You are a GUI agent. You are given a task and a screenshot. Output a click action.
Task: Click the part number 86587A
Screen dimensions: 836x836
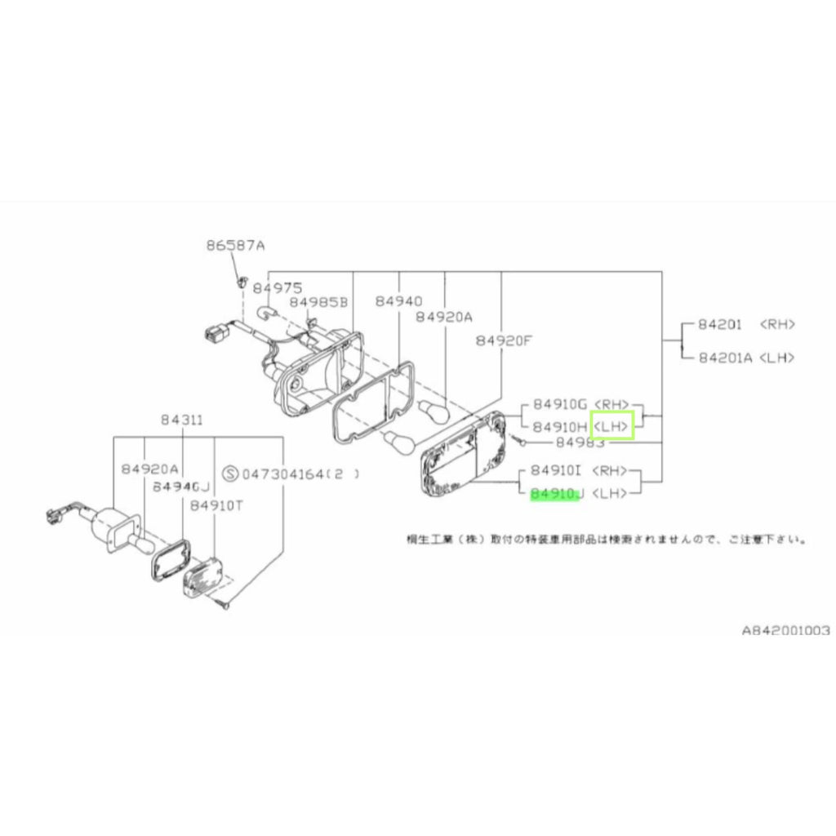(x=235, y=245)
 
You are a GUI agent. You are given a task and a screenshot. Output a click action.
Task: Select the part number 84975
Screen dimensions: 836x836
(x=277, y=288)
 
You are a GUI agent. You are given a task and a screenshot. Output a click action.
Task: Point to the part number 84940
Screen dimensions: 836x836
(x=398, y=301)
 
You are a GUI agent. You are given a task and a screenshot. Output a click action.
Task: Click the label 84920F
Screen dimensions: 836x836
(x=503, y=340)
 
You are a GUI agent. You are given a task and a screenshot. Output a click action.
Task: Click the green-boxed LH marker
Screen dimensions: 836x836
(x=611, y=426)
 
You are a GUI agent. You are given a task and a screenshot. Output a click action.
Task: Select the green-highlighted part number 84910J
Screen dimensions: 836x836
(x=554, y=494)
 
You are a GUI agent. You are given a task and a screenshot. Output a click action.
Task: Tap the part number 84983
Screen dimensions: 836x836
(x=580, y=442)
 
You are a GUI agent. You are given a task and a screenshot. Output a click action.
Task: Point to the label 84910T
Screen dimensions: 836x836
(x=216, y=505)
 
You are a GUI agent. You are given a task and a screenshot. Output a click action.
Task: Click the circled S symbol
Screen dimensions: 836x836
(x=230, y=473)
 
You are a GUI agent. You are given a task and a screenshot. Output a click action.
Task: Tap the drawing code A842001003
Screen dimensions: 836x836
(x=785, y=630)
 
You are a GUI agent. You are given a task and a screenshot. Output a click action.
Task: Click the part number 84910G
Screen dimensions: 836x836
(x=559, y=404)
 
